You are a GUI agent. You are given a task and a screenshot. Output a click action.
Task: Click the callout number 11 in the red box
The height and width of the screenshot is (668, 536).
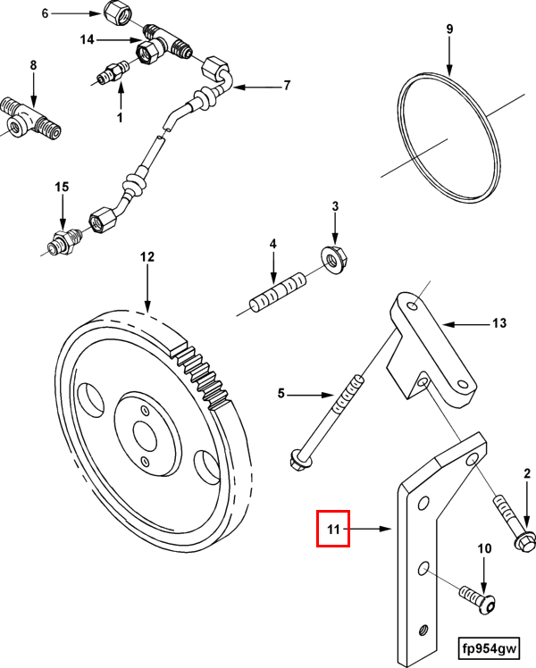(x=334, y=529)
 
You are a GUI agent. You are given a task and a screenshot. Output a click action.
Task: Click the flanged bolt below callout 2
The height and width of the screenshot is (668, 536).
(x=513, y=527)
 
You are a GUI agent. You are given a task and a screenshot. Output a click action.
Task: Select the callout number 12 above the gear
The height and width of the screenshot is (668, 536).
(x=147, y=256)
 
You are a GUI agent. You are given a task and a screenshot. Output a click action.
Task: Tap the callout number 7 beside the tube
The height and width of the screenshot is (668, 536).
(x=287, y=86)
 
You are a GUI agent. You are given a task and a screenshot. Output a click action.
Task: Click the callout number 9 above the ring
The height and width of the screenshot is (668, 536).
(x=449, y=29)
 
